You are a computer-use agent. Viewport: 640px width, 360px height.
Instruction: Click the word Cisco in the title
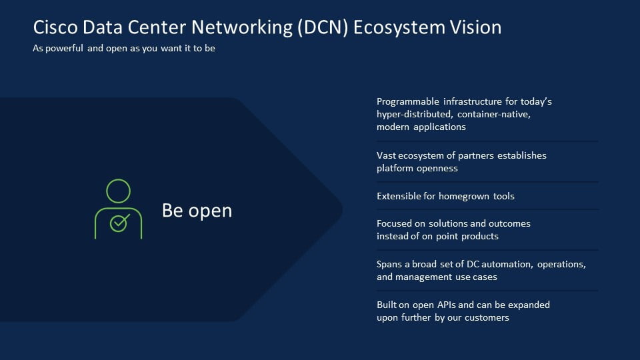tap(55, 27)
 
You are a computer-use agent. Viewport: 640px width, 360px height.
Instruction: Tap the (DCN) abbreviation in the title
tap(323, 28)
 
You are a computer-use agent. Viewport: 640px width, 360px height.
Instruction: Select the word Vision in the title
tap(475, 27)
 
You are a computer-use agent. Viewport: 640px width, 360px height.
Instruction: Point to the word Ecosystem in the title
tap(399, 28)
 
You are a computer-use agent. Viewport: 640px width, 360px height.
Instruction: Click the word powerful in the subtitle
tap(64, 48)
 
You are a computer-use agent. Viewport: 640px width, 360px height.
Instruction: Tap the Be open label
tap(197, 211)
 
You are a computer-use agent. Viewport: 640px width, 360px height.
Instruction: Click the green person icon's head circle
tap(119, 191)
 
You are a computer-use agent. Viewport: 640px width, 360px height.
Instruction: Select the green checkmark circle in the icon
tap(119, 223)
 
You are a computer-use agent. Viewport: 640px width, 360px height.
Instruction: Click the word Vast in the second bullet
tap(386, 155)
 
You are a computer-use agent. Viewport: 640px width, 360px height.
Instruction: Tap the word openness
tap(437, 168)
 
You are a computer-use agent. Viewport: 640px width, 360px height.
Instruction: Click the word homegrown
tap(464, 196)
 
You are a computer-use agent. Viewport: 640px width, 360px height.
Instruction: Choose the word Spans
tap(389, 265)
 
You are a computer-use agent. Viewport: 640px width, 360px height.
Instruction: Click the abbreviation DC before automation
tap(473, 265)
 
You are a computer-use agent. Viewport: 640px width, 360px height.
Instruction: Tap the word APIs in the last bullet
tap(447, 305)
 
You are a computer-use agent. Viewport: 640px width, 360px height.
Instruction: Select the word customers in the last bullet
tap(487, 317)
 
